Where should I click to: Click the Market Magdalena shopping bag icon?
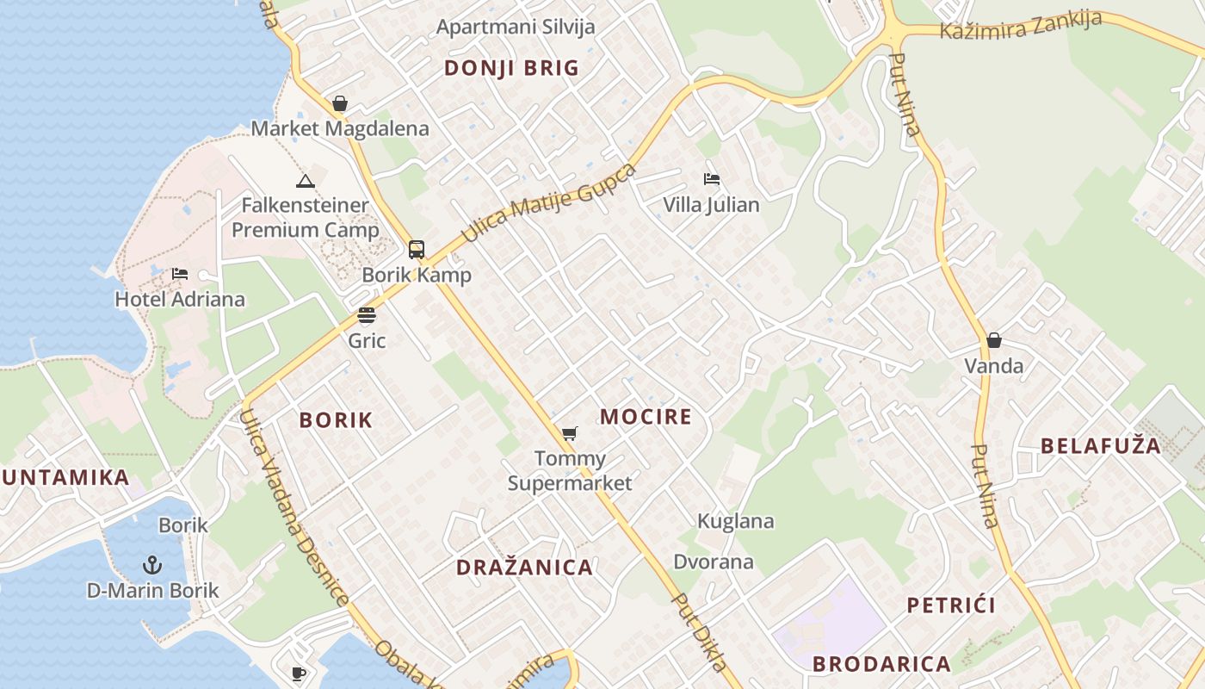[340, 104]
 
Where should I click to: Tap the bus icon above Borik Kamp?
[417, 250]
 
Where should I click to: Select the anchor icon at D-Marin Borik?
[152, 565]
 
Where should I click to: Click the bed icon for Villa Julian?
[711, 179]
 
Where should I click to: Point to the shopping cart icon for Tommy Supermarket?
[569, 433]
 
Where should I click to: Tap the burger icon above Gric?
[367, 315]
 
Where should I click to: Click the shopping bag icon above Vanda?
[994, 340]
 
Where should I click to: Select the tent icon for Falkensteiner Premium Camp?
[305, 181]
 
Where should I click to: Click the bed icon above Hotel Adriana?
[179, 274]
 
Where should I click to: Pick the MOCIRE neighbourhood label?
[646, 417]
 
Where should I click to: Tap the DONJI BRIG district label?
[511, 68]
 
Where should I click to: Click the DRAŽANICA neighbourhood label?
[524, 568]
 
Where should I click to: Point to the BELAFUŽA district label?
[1101, 446]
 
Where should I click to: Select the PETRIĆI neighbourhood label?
[951, 605]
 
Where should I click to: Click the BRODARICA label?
[881, 664]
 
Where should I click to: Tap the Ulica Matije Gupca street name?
[548, 203]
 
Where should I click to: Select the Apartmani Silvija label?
[516, 27]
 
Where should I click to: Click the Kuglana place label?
[735, 521]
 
